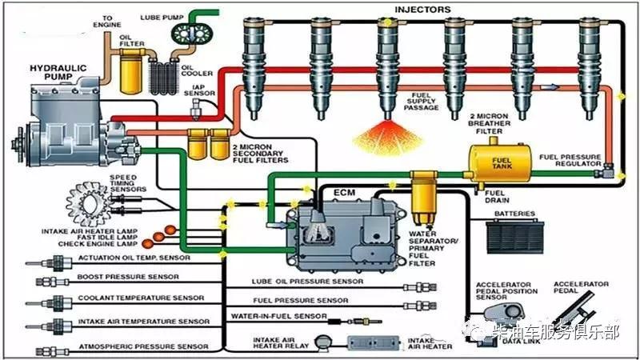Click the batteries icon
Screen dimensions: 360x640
(516, 233)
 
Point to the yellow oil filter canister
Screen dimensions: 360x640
(131, 68)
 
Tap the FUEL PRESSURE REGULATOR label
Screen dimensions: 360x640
(570, 159)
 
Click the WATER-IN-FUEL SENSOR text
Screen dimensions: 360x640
(278, 317)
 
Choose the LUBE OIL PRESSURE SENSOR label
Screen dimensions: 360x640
(300, 282)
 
